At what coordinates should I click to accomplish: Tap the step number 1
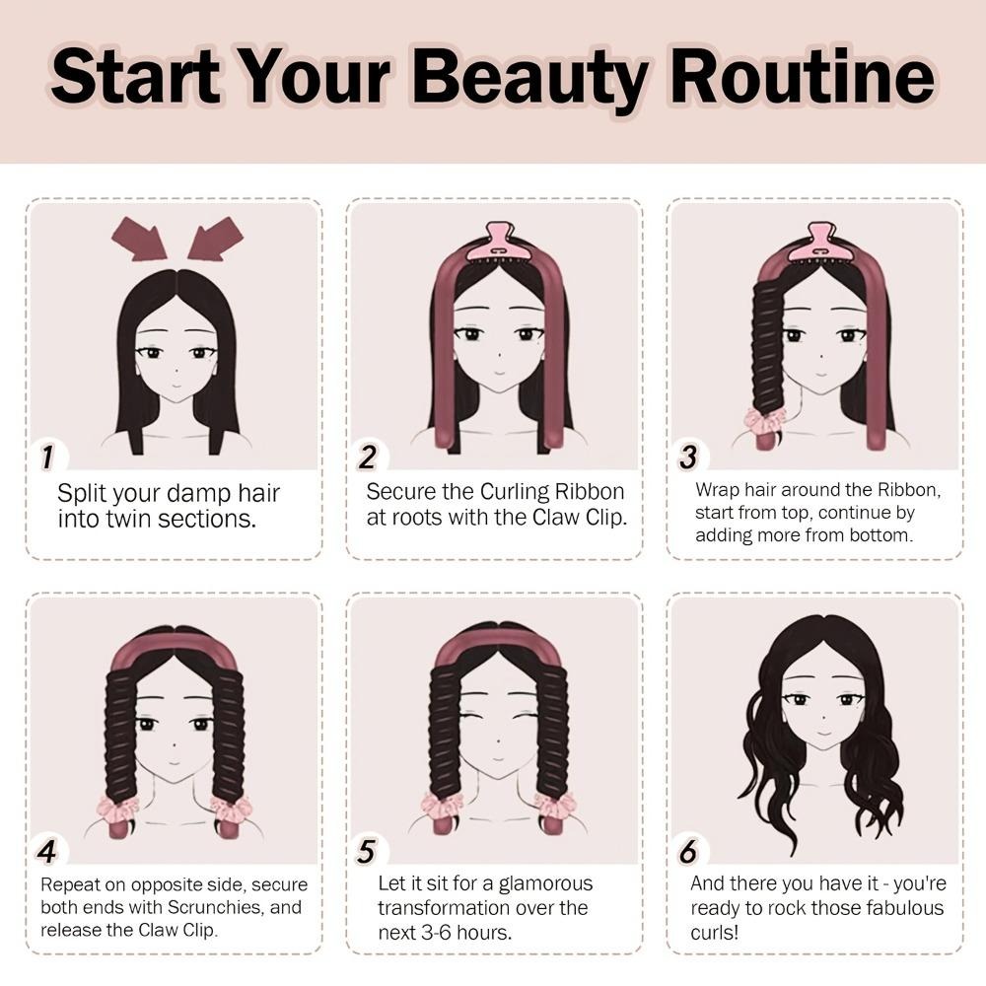coord(47,457)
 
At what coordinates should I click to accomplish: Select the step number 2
coord(367,457)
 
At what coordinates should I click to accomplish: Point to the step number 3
coord(688,457)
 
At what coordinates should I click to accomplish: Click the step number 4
coord(46,851)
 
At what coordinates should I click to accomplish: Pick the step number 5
coord(367,851)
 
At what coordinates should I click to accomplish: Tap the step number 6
coord(688,851)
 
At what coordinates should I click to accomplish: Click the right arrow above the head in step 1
coord(216,238)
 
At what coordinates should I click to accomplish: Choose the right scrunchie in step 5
coord(554,809)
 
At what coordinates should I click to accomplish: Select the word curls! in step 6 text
coord(714,932)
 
